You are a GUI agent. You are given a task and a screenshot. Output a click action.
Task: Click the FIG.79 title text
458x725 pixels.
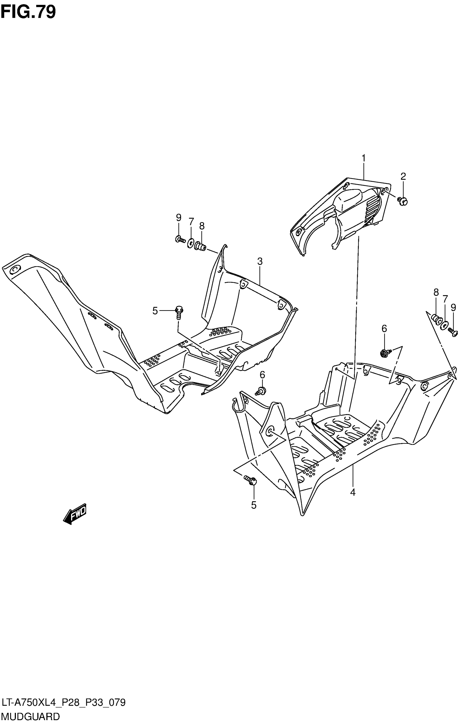[28, 12]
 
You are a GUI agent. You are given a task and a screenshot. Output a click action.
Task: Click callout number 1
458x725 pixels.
[363, 158]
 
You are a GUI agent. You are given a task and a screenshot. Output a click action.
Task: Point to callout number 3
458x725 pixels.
[260, 261]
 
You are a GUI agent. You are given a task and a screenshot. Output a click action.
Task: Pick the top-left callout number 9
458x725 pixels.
[178, 217]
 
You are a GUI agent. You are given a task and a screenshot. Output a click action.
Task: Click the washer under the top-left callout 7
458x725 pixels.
[190, 243]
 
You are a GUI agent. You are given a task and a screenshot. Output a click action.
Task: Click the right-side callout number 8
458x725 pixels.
[436, 292]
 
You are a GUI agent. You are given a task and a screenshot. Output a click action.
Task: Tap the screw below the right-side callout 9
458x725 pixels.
[453, 332]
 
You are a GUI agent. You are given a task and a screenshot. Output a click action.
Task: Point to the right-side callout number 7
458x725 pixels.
[445, 299]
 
